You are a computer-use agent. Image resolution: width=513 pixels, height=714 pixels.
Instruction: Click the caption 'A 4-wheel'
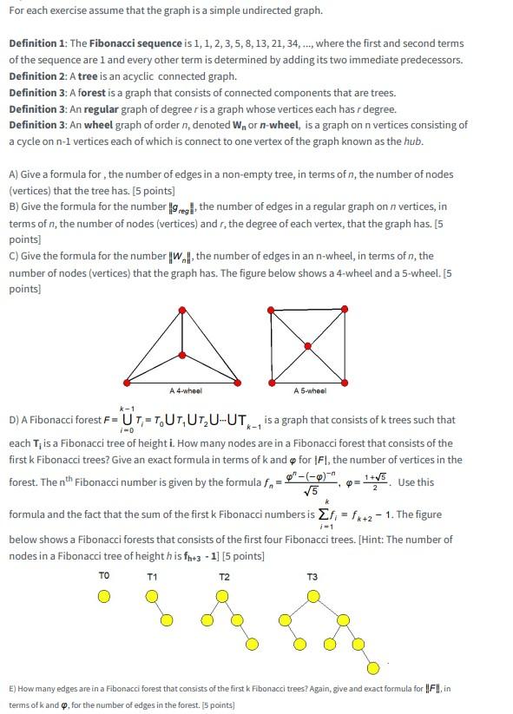point(187,391)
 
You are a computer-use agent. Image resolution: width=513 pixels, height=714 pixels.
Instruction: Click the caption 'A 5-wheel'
point(309,391)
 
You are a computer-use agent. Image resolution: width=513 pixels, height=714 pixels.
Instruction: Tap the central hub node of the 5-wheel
point(309,345)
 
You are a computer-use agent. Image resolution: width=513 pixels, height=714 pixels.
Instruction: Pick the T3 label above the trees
point(312,576)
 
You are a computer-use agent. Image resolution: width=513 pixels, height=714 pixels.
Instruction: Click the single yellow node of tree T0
point(104,596)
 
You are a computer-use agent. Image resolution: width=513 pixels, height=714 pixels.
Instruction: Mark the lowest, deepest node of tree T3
point(374,668)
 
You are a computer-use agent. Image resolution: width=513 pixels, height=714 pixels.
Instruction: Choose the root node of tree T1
point(153,596)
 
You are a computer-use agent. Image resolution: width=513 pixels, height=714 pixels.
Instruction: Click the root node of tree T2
point(224,596)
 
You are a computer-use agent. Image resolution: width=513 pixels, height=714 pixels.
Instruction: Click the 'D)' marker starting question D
point(14,420)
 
